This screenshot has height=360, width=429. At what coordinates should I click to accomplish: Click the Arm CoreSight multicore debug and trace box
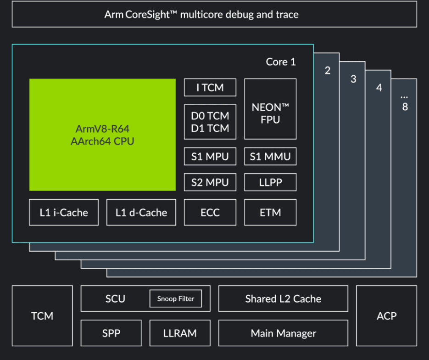[214, 14]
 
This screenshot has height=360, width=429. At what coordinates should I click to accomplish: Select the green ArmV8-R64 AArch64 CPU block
[102, 135]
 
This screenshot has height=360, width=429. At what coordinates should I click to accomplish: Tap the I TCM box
[210, 87]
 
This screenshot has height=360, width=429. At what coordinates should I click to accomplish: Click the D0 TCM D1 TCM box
[210, 122]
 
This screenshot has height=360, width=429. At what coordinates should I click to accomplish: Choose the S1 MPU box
[210, 157]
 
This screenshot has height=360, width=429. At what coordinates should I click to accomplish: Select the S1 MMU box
[270, 157]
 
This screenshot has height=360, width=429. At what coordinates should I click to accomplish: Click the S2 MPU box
[210, 182]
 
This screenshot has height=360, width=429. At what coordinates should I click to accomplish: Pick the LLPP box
[270, 182]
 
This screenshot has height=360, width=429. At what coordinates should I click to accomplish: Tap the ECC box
[210, 213]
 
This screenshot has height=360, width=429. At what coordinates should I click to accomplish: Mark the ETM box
[270, 213]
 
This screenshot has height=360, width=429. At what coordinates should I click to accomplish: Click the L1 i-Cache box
[64, 213]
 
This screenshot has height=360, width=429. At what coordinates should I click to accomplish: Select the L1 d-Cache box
[141, 213]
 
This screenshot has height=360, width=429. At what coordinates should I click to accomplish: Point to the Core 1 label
[281, 62]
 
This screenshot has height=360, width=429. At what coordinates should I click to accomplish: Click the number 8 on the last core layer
[405, 107]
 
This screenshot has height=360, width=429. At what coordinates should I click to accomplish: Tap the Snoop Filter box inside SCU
[176, 299]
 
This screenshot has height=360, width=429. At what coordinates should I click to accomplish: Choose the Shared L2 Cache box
[283, 299]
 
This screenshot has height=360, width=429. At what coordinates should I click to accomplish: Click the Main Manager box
[283, 333]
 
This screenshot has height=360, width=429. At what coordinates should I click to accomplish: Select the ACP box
[386, 316]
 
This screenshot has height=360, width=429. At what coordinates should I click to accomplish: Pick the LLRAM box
[180, 333]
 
